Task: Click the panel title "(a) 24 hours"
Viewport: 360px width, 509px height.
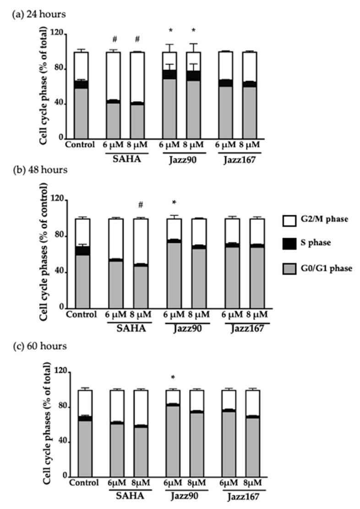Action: (x=39, y=14)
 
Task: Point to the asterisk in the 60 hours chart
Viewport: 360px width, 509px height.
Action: (x=173, y=378)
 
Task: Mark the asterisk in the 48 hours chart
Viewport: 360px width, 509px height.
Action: (x=175, y=203)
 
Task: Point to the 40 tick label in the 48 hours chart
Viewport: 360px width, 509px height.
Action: (x=59, y=272)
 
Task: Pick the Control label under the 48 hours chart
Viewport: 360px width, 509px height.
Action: (x=81, y=315)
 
